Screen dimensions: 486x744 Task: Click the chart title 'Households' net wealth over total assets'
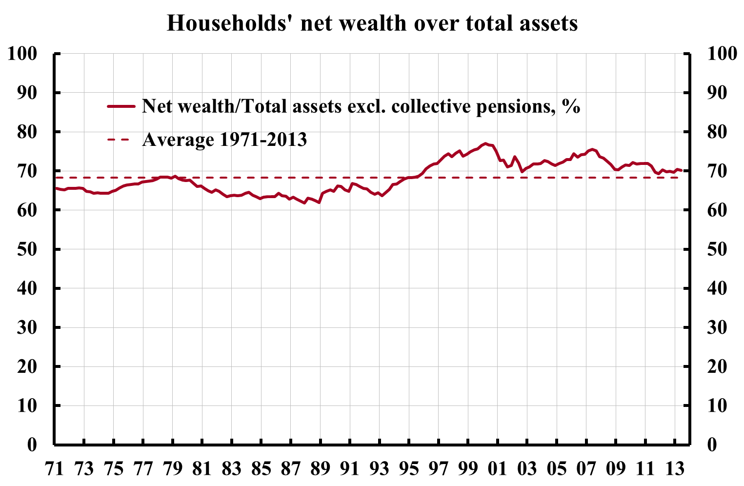point(372,23)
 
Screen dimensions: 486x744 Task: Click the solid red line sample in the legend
point(121,106)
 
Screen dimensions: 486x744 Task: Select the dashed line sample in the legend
point(121,140)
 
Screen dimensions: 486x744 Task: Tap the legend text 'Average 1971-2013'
point(224,140)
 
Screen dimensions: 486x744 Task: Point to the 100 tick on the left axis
point(23,54)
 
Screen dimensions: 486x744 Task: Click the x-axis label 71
point(55,469)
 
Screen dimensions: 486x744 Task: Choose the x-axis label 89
point(320,469)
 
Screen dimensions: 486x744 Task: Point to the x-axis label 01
point(498,469)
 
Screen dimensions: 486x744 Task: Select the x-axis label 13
point(675,469)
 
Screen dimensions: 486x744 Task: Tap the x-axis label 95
point(409,469)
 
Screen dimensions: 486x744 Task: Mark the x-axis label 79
point(173,469)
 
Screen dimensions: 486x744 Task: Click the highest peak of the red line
point(485,143)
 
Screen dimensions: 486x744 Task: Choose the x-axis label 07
point(586,469)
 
